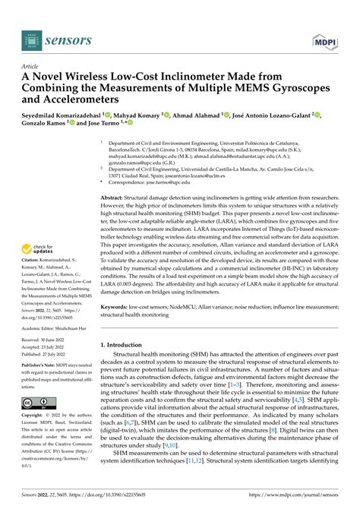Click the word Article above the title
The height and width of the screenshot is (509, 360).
pos(32,66)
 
